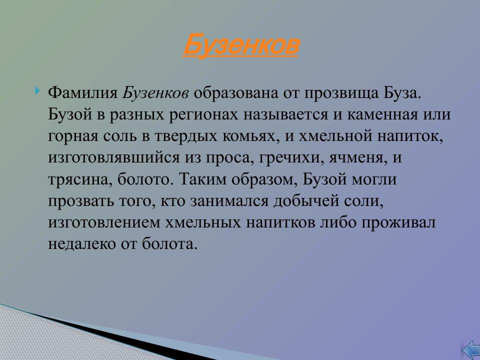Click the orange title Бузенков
[241, 45]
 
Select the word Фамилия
[83, 93]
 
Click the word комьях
[246, 136]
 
